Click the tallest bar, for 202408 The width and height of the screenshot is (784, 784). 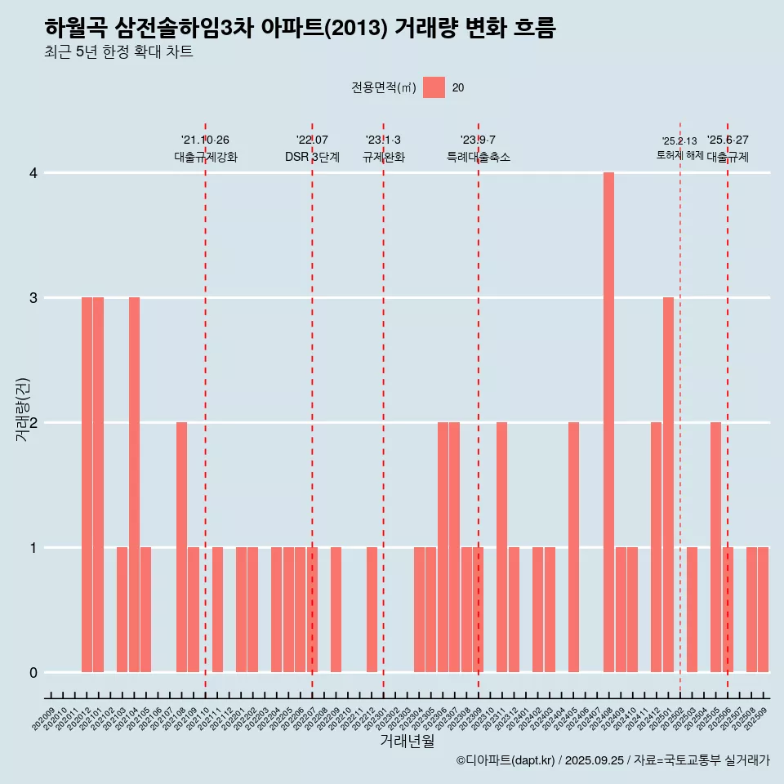coord(608,422)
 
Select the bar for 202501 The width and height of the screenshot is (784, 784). coord(668,484)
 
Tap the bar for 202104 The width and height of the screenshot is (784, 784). coord(134,484)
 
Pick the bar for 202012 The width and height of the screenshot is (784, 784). coord(87,484)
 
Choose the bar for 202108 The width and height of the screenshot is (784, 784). coord(181,547)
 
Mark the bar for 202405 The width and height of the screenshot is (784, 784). coord(573,547)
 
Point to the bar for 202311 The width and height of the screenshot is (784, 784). coord(501,547)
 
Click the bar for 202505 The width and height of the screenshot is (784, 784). coord(715,547)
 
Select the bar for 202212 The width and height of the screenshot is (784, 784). coord(372,609)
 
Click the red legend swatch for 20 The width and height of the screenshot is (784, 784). coord(434,87)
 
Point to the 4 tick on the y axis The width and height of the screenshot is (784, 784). coord(33,173)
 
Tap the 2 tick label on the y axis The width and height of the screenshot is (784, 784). coord(33,423)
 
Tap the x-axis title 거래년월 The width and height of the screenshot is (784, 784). coord(407,742)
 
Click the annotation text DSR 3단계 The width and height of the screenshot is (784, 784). coord(312,157)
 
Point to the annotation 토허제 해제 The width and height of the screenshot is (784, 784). coord(679,155)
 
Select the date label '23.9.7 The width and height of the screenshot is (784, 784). coord(478,140)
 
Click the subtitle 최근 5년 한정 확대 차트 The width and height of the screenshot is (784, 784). coord(119,52)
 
